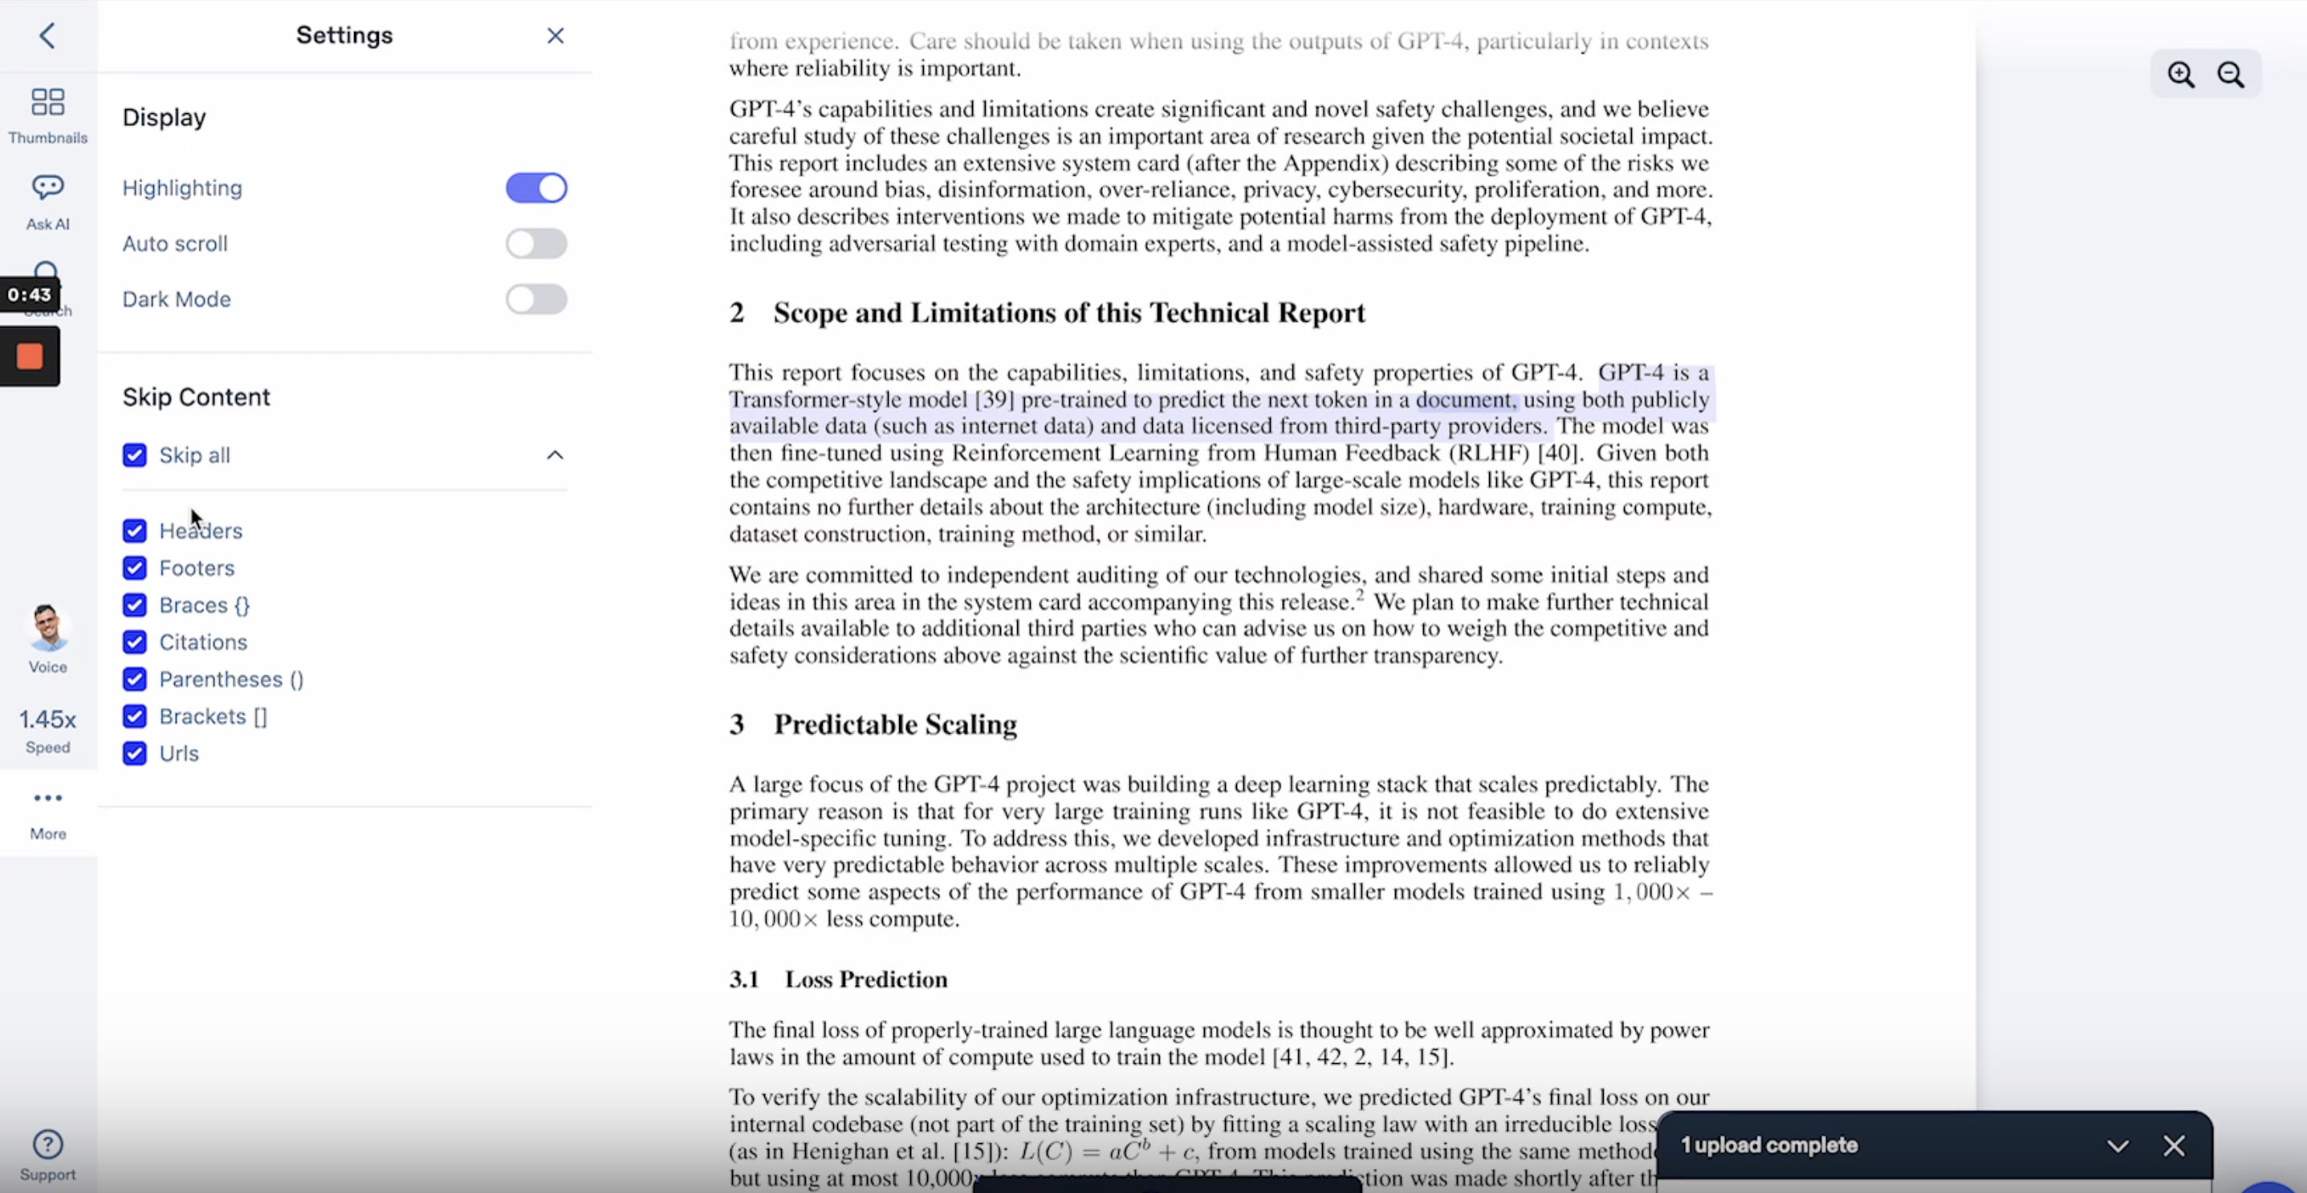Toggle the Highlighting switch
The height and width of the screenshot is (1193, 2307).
535,188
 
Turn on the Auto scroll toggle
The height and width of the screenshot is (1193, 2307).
535,243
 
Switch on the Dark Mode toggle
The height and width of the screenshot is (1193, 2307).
535,299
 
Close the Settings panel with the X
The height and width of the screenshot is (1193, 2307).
555,36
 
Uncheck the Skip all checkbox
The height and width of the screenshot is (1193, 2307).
134,455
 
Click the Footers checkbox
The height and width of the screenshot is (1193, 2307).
134,568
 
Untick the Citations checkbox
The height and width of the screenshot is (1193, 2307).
134,642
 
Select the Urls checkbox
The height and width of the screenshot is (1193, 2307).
134,753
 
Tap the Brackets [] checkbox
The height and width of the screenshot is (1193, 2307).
134,716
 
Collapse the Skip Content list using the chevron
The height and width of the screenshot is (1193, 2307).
555,455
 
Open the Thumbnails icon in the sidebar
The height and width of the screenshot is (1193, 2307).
47,102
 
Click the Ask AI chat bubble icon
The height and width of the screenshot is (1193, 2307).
47,187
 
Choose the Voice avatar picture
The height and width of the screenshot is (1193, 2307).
47,627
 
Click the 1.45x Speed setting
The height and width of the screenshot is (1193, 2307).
47,720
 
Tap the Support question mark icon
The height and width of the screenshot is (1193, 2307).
47,1144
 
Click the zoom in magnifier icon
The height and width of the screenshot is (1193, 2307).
2181,75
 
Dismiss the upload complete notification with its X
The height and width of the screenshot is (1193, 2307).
2174,1146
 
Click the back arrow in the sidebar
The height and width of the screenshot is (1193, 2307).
47,36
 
